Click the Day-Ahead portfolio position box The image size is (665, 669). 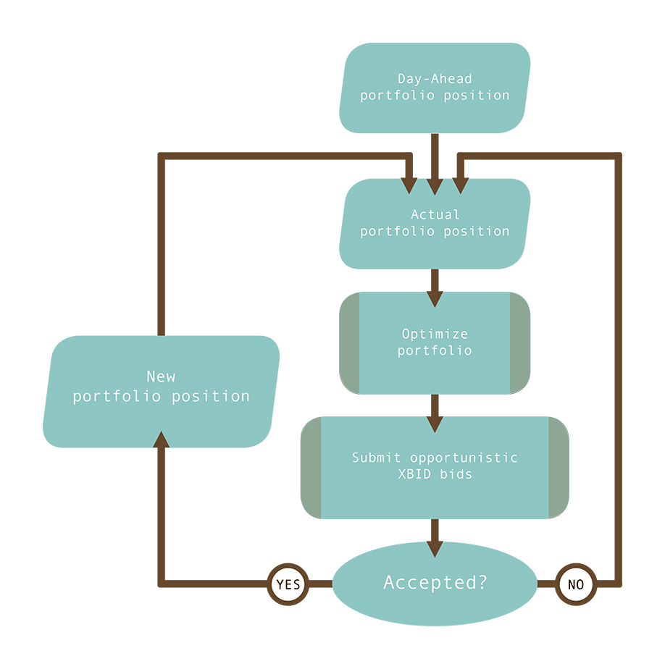(x=435, y=88)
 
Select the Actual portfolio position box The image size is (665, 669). (x=435, y=224)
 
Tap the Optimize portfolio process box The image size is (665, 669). (x=435, y=342)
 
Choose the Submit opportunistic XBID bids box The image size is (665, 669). (x=435, y=467)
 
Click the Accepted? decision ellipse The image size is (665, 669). (x=435, y=583)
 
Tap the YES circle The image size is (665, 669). (x=288, y=584)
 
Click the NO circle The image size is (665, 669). (x=576, y=584)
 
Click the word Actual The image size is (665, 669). (x=435, y=214)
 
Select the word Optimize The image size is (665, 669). (x=435, y=334)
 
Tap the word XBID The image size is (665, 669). (x=414, y=475)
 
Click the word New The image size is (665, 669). (x=161, y=376)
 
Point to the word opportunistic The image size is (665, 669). (x=464, y=458)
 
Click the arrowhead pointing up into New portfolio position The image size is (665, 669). (x=162, y=436)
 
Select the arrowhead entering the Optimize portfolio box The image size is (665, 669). (x=435, y=299)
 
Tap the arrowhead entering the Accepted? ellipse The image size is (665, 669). (x=435, y=549)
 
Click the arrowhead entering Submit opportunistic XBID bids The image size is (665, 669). (x=435, y=424)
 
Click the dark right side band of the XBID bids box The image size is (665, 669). (x=558, y=467)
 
